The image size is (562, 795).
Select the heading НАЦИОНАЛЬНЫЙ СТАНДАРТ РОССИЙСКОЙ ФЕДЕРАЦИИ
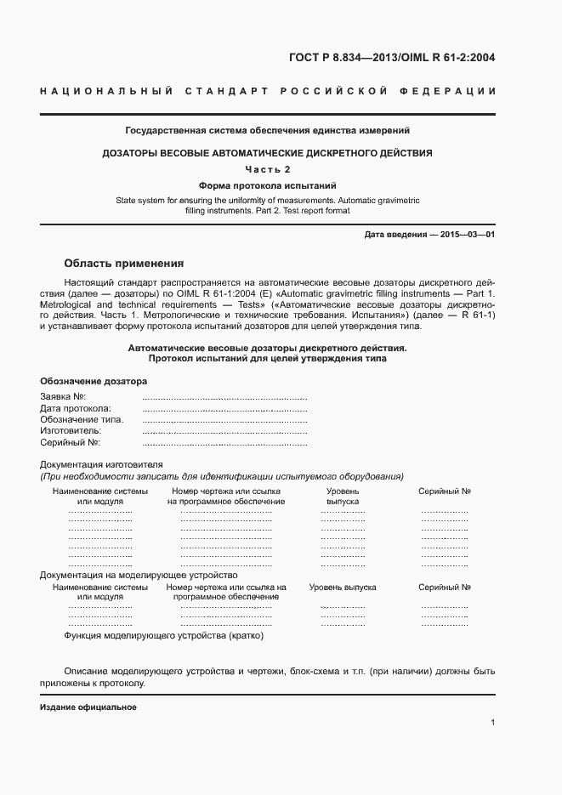(x=268, y=91)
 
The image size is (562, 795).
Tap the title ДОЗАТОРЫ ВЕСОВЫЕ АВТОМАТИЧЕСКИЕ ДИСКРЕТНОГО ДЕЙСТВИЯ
(x=268, y=153)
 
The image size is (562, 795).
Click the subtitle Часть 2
(x=268, y=169)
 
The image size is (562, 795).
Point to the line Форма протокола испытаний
(x=268, y=185)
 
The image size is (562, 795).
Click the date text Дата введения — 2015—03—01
(x=429, y=234)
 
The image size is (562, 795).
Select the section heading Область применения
(x=124, y=263)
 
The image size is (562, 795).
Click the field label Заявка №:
(x=64, y=396)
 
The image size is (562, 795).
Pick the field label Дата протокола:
(x=77, y=408)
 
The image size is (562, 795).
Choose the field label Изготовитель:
(x=71, y=431)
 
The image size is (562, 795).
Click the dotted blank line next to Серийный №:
(x=224, y=444)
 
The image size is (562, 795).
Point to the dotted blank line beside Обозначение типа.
(x=224, y=420)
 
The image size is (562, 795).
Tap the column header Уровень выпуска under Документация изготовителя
(x=343, y=497)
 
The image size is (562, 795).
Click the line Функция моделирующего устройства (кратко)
(x=165, y=635)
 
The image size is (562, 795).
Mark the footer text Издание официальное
(x=88, y=707)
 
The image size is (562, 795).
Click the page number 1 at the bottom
(x=493, y=723)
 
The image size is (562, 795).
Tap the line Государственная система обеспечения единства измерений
(x=268, y=131)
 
